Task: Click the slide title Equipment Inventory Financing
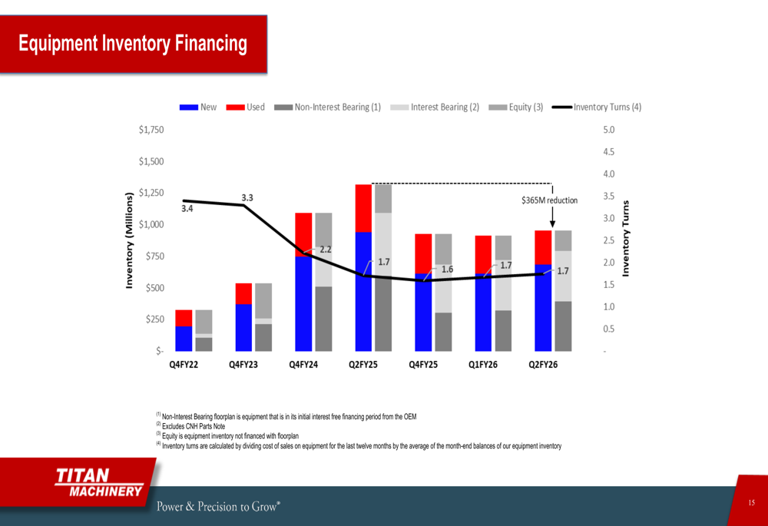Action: click(133, 44)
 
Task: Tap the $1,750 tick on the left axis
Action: click(151, 130)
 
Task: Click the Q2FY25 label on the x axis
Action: click(363, 365)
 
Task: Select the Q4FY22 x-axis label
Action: click(184, 365)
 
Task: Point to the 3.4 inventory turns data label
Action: click(187, 208)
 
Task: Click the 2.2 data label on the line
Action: click(326, 250)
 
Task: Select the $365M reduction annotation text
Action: click(549, 200)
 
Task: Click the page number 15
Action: click(752, 502)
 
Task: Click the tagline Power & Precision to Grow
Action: click(219, 506)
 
